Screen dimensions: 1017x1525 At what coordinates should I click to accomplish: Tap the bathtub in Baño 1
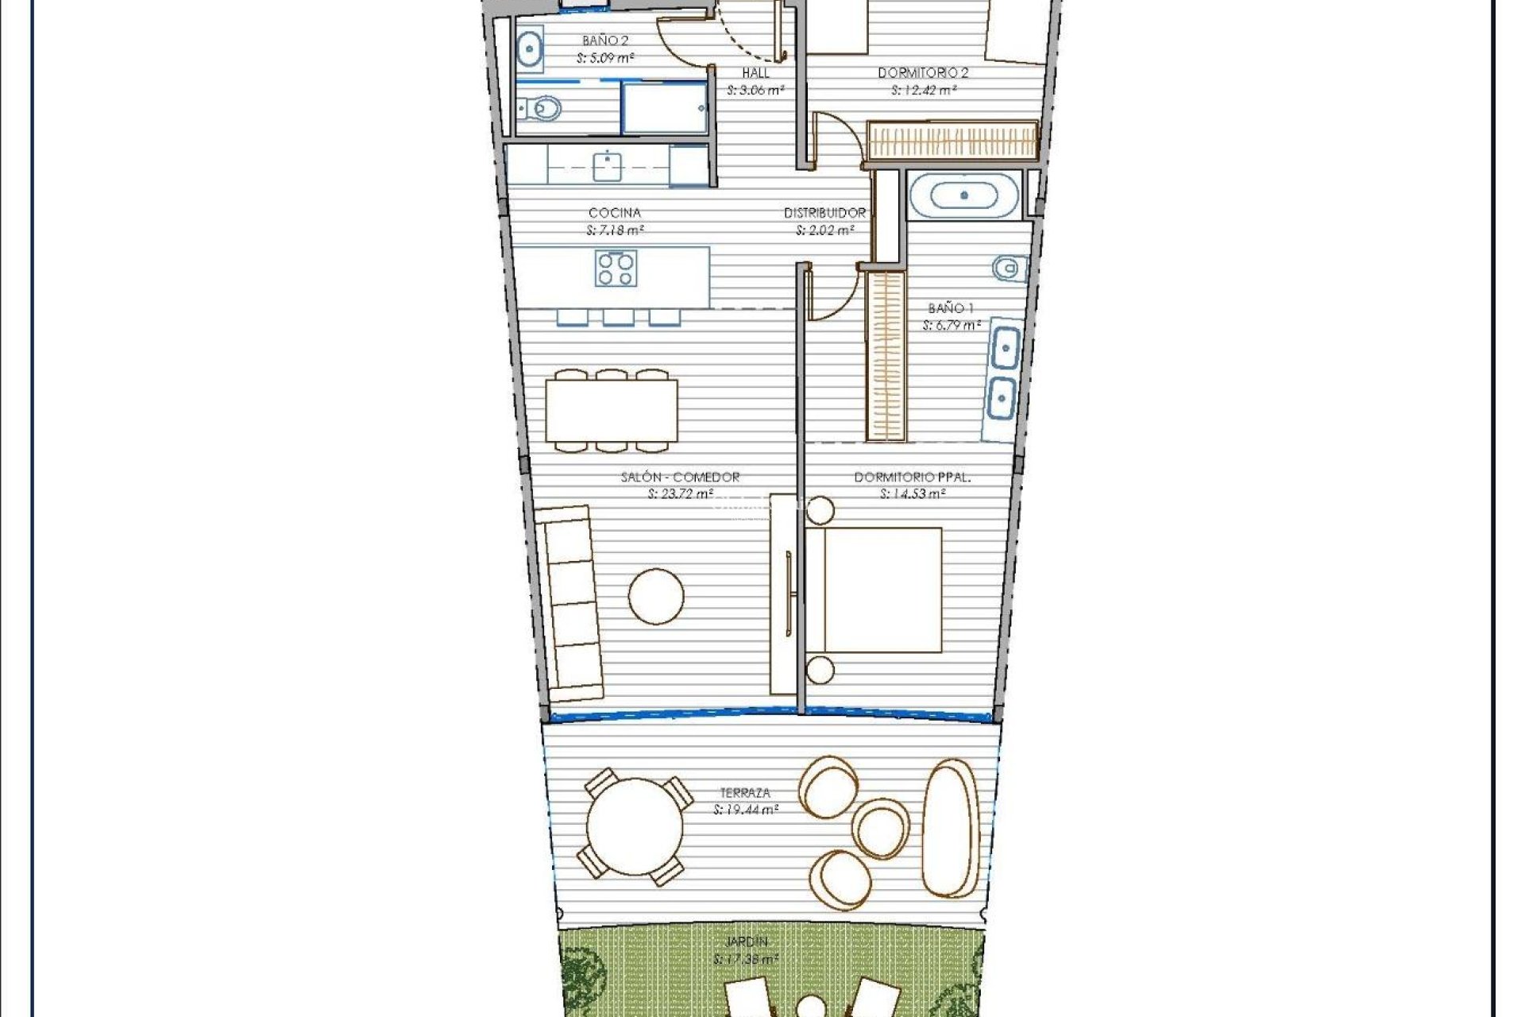(963, 195)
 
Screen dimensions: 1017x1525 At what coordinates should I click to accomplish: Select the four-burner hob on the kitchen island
(616, 269)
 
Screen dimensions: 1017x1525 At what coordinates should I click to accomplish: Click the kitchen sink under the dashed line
(608, 166)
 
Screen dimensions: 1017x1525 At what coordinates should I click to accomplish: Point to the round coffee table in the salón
(656, 596)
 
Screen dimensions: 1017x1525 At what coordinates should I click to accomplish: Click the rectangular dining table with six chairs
(611, 411)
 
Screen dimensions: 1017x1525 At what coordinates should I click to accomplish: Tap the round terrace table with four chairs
(634, 827)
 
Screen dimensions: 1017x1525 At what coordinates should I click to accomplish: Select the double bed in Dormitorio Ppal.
(874, 590)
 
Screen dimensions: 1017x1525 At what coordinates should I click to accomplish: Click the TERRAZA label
(745, 793)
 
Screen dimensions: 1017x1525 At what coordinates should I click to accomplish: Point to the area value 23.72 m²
(681, 494)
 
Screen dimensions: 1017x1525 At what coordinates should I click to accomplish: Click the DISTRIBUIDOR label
(824, 213)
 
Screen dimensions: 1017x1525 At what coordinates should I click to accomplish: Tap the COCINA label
(615, 213)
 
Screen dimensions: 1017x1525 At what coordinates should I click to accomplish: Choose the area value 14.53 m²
(913, 494)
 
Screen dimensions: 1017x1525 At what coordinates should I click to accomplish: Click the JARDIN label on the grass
(746, 942)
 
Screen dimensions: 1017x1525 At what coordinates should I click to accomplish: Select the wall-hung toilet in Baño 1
(1007, 269)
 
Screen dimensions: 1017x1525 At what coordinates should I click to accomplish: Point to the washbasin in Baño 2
(530, 49)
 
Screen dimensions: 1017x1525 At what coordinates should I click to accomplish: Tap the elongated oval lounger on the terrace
(951, 828)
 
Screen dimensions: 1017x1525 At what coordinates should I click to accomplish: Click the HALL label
(755, 73)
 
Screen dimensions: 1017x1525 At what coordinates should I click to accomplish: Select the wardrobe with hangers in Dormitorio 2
(952, 141)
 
